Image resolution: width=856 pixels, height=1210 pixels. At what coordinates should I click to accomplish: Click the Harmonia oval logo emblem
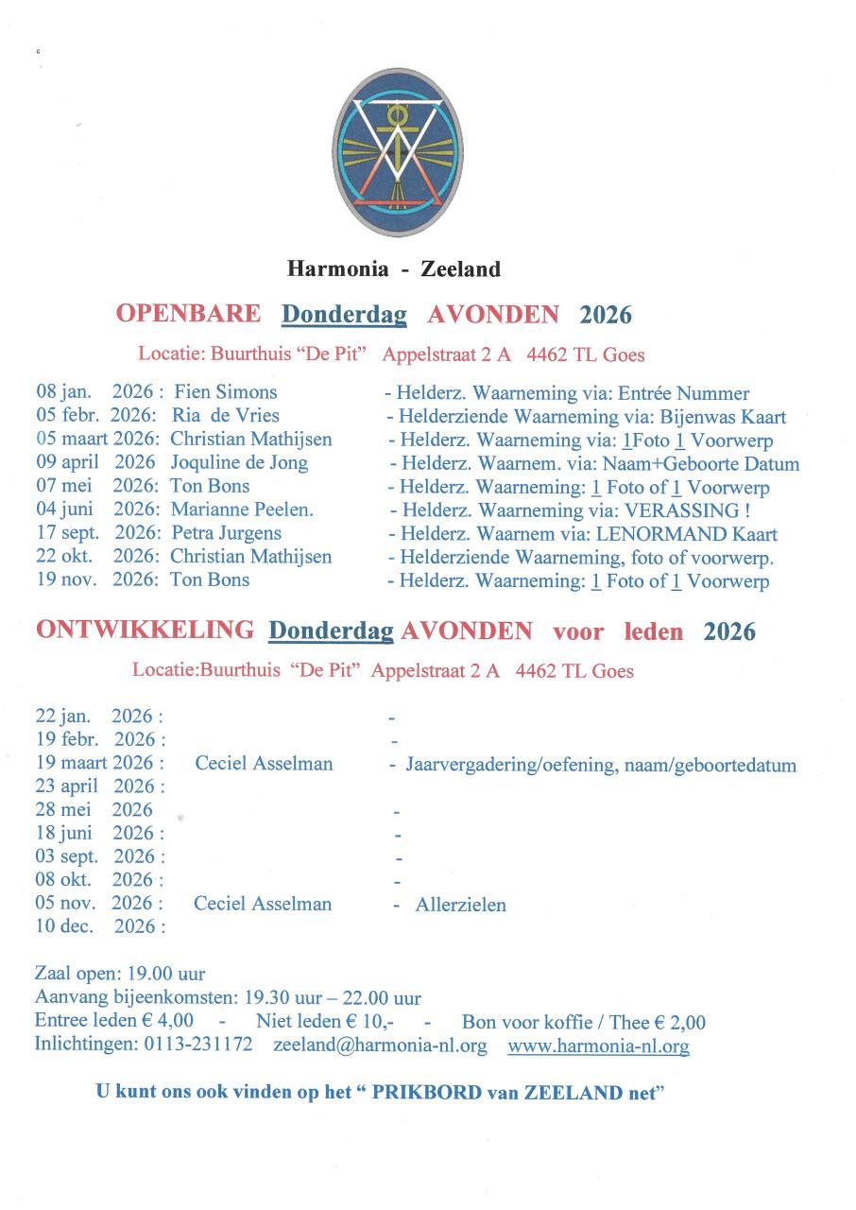399,153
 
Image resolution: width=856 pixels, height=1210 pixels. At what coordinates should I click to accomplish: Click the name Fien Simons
226,392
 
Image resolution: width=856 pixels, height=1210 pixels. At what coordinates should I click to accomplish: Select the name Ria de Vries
226,416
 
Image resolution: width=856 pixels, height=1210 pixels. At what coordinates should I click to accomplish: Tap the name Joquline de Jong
239,463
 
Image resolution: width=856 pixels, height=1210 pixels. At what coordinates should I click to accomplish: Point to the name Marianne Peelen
242,510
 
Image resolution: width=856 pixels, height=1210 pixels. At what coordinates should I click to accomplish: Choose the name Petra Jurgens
226,533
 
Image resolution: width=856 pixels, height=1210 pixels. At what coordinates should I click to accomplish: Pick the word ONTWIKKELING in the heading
145,631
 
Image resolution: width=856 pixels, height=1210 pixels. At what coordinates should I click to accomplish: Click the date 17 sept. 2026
94,533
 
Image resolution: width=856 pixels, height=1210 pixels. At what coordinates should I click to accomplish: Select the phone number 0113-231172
197,1046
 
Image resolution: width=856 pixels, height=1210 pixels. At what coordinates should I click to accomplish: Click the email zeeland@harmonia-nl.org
380,1046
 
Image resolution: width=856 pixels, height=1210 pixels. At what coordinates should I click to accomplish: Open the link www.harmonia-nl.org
598,1046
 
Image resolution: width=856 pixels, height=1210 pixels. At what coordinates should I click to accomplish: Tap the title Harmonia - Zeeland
394,269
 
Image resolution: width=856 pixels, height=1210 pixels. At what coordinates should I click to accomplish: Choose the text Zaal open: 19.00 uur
120,974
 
